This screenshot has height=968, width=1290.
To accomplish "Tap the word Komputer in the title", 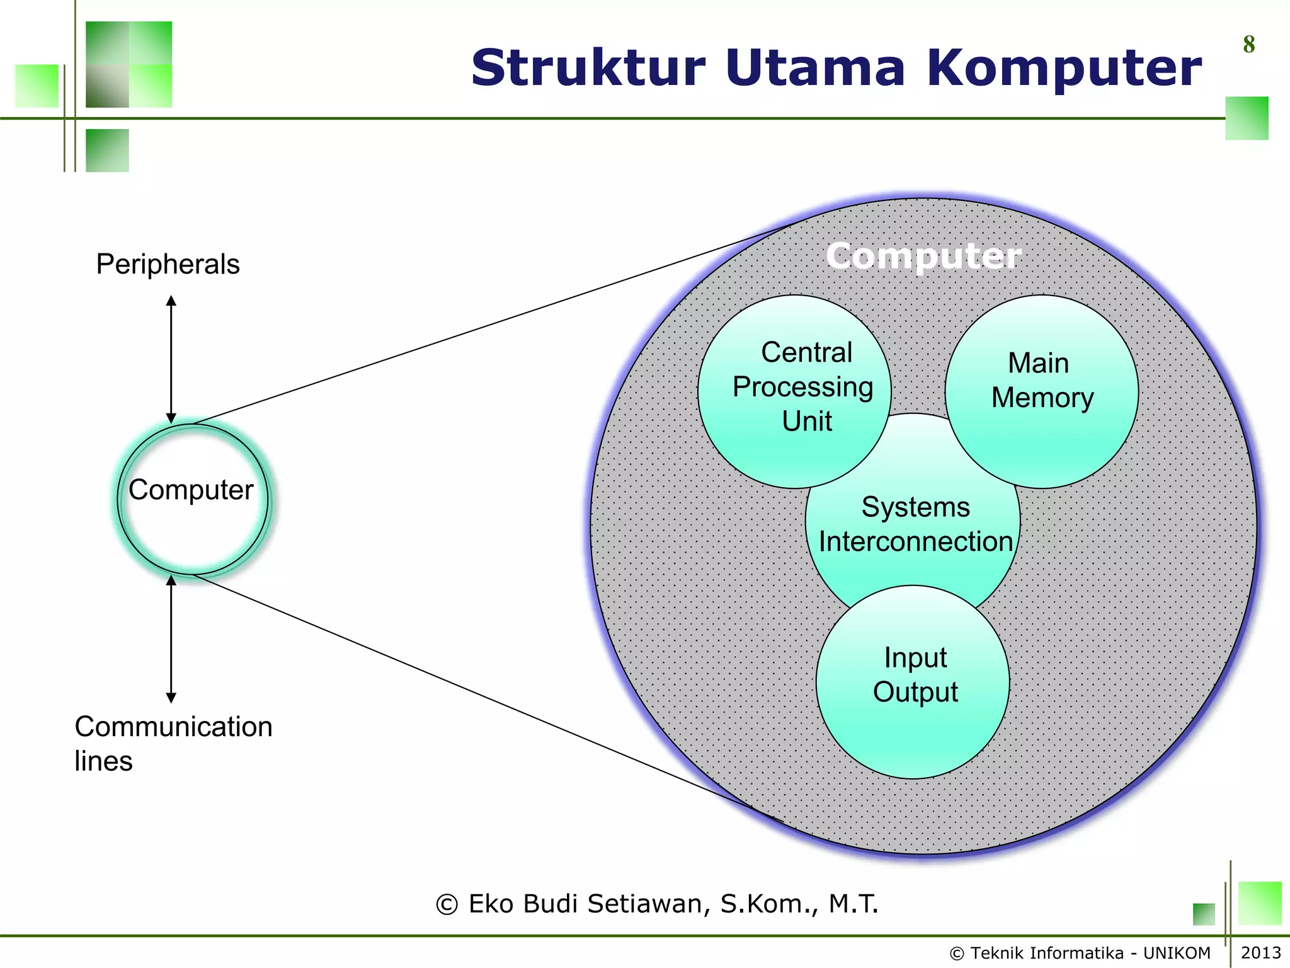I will point(1064,69).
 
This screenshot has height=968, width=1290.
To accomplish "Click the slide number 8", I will point(1248,45).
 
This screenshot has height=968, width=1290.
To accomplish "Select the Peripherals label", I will point(168,264).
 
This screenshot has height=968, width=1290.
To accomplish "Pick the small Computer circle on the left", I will point(192,499).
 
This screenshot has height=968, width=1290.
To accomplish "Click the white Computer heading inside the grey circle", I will point(923,256).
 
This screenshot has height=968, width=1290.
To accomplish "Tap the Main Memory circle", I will point(1042,392).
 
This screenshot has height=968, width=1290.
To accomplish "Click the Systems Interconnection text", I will point(915,524).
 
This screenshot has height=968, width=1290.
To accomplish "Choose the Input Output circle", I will point(913,682).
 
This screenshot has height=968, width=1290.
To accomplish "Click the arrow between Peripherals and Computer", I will point(171,359).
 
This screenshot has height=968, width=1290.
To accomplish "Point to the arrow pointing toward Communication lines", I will point(171,640).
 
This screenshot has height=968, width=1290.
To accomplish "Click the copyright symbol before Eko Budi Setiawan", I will point(447,905).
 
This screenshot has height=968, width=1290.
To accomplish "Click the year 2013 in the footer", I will point(1260,952).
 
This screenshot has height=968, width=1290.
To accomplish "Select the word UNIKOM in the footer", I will point(1177,953).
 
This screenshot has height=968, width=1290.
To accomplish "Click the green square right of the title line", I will point(1247,118).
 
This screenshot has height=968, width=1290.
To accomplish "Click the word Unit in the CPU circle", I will point(807,421).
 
